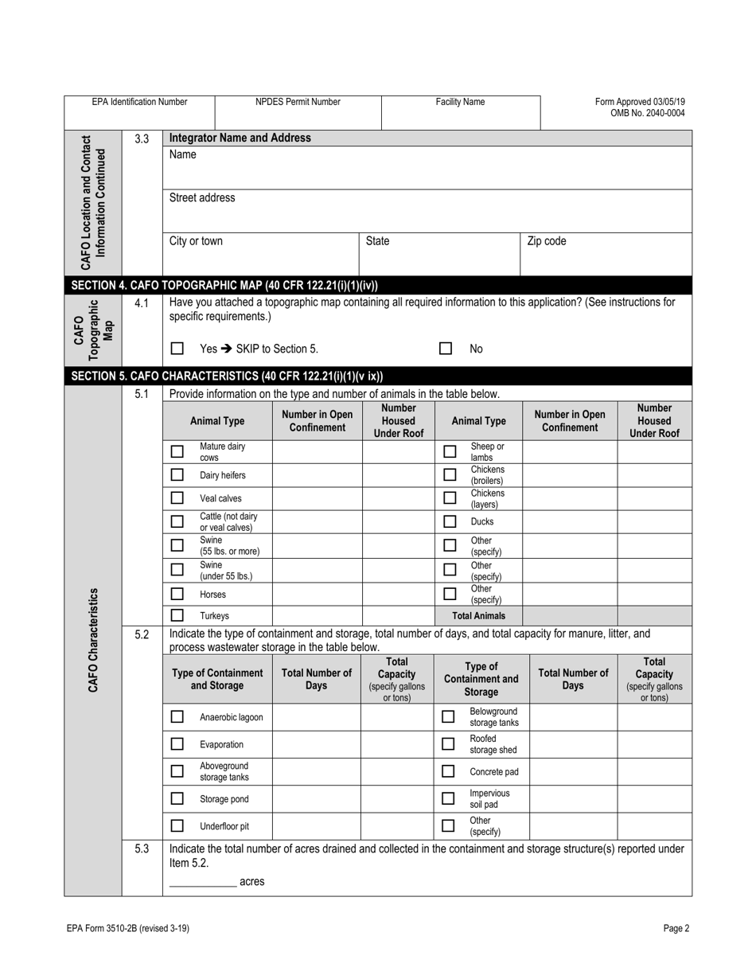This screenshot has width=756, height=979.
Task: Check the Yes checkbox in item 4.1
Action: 177,349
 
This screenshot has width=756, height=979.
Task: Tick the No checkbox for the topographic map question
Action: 446,349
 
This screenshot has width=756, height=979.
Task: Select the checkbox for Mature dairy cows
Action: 177,451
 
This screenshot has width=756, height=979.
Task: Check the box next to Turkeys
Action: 177,615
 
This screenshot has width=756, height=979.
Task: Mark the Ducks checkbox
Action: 449,522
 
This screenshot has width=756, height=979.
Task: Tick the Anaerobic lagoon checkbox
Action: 177,717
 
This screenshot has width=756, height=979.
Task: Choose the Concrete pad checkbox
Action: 448,771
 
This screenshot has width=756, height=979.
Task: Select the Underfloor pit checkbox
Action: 177,826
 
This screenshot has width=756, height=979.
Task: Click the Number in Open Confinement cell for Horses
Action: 317,595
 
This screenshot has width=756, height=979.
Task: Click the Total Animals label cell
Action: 477,615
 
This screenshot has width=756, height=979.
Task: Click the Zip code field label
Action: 547,241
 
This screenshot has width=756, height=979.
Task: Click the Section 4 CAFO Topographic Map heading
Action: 224,285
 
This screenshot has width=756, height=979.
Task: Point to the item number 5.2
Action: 142,634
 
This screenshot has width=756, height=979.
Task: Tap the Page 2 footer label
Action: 676,928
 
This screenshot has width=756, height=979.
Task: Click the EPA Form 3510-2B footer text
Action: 128,928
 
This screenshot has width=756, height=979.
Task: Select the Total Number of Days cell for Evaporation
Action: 317,744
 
